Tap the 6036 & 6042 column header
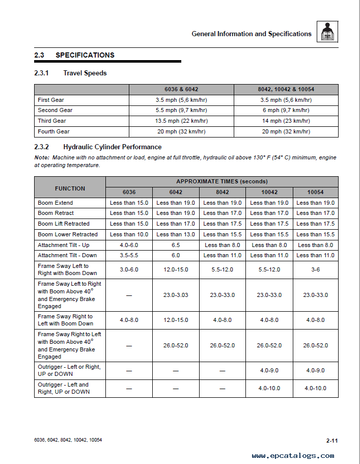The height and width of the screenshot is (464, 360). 181,90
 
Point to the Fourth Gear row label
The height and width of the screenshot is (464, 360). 53,131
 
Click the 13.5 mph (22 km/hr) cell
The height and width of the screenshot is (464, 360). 181,121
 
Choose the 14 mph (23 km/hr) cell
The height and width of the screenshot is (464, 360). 286,121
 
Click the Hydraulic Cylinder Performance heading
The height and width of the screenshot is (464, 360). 112,147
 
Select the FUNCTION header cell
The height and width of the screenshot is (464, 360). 70,188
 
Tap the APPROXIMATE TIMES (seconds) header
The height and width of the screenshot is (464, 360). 221,181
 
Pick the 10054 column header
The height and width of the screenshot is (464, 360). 315,192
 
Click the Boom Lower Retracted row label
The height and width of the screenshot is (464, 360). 67,234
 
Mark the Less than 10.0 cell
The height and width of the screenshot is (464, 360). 129,234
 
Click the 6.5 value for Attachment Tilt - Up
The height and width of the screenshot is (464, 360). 176,245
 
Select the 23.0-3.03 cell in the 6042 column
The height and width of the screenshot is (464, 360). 176,295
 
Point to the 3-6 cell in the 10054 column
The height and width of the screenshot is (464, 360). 315,270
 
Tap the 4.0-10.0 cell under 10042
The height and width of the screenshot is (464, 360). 268,388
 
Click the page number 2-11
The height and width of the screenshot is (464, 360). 333,440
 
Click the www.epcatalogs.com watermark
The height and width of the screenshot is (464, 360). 293,456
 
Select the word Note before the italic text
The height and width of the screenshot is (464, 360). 42,158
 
